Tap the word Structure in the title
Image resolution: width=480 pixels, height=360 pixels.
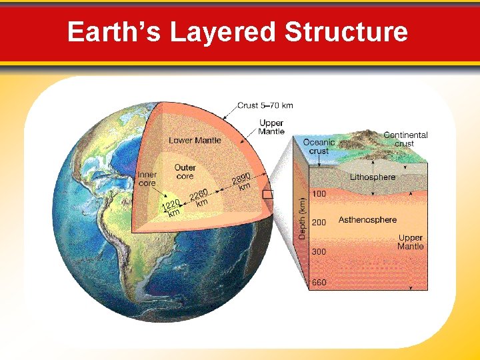[346, 31]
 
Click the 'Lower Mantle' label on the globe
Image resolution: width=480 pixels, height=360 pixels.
[195, 140]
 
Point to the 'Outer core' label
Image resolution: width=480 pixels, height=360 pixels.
[185, 171]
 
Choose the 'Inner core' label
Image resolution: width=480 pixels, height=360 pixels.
[147, 179]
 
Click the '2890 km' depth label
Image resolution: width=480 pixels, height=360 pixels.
[242, 181]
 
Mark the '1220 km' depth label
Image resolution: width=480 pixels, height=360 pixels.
[172, 209]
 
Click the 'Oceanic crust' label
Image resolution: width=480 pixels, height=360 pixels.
[319, 147]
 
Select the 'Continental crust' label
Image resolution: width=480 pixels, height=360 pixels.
[405, 139]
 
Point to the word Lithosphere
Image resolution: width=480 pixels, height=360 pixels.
[373, 177]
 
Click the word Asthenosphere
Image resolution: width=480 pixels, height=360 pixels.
[367, 219]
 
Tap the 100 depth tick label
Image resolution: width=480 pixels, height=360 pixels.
[319, 194]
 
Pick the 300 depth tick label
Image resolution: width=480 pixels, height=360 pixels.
[319, 252]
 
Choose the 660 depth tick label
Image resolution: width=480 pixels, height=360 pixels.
[319, 282]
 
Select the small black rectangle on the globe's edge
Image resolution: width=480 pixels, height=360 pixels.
[268, 195]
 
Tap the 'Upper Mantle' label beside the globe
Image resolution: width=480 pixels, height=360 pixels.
[271, 127]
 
